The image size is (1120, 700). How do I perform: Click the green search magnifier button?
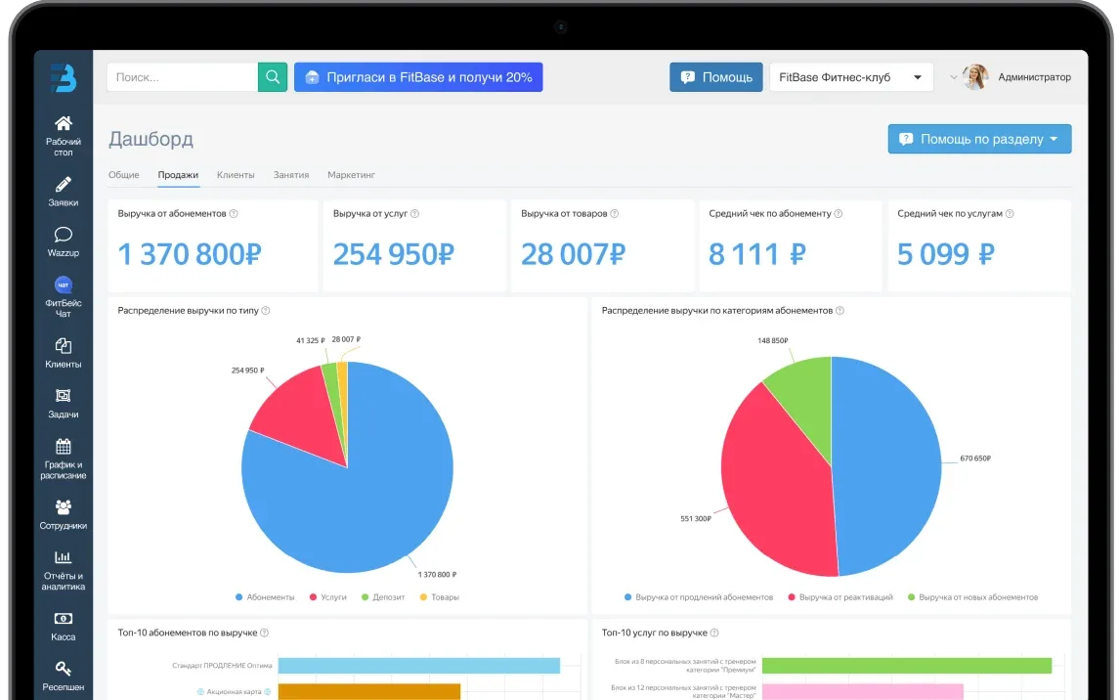[272, 77]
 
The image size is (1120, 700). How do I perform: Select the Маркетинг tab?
[351, 175]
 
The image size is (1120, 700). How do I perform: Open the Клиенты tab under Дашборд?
[236, 175]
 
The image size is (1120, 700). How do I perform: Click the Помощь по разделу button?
[979, 139]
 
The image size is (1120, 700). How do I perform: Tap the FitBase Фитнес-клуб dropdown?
[850, 77]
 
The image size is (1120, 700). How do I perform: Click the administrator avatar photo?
[975, 77]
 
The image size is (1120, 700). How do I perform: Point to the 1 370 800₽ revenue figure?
[190, 254]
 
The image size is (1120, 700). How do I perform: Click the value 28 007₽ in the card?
[573, 254]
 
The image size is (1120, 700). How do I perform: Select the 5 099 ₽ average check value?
[945, 254]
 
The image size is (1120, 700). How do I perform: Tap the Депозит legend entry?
[383, 597]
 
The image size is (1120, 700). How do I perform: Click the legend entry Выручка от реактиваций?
[840, 597]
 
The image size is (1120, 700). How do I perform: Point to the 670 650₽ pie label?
[975, 459]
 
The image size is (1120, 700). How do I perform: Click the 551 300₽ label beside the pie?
[695, 518]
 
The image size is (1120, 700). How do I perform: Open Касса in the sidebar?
[63, 626]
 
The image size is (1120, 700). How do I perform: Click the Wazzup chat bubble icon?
[63, 235]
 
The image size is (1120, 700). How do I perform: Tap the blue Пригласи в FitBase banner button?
[418, 77]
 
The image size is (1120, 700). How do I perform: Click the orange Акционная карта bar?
[369, 691]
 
